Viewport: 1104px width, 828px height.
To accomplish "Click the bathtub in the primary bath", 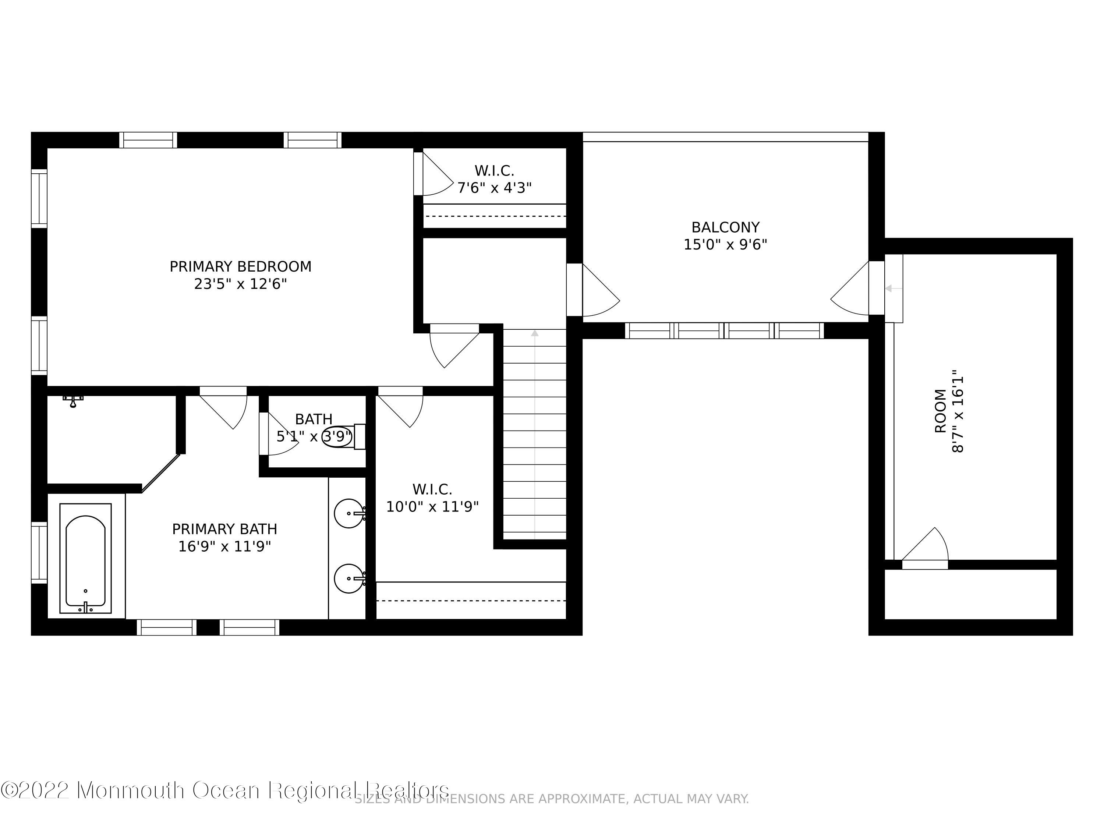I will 85,558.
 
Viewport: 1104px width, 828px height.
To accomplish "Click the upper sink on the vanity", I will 348,513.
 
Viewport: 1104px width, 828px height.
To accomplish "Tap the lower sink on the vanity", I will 348,578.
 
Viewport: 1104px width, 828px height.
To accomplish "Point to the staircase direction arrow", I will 535,333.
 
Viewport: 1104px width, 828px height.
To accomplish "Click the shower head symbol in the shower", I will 73,401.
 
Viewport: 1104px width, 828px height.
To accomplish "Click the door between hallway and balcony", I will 597,292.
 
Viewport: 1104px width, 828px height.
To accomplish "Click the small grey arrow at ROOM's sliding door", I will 892,288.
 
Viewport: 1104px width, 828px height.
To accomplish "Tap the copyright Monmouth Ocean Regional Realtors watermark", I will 224,790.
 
